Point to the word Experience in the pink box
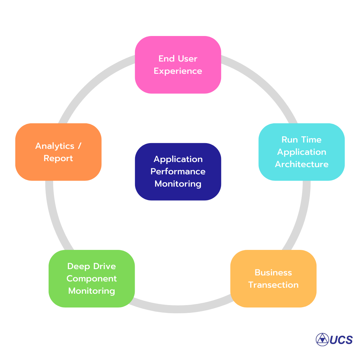[178, 71]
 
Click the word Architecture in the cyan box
[301, 164]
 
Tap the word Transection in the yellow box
[273, 285]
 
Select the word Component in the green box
[91, 279]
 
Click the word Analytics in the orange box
[55, 146]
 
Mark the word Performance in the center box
[178, 172]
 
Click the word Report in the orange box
[58, 158]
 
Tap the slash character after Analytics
[79, 146]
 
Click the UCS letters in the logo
[341, 340]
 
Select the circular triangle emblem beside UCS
[322, 340]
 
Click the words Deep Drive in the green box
[91, 266]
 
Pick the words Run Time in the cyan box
[301, 140]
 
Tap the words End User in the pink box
[178, 59]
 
